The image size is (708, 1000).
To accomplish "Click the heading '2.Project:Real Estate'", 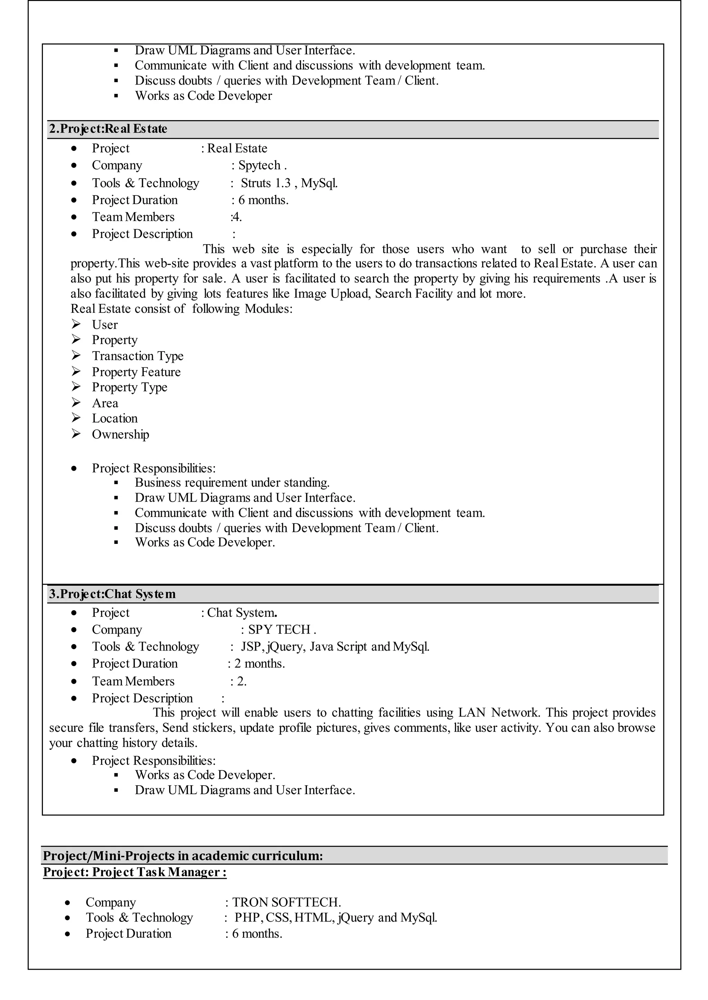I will tap(108, 129).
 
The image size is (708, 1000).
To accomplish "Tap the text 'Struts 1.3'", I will tap(265, 183).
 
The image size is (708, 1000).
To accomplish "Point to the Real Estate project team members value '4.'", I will tap(237, 217).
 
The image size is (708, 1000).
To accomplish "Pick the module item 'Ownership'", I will tap(120, 434).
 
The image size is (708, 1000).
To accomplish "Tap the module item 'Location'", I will tap(115, 419).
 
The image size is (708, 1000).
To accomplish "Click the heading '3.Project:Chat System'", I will tap(112, 594).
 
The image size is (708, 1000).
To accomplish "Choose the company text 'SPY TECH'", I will tap(279, 630).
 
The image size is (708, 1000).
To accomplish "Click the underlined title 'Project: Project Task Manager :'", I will tap(135, 872).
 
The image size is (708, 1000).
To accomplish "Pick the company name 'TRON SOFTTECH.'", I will tap(287, 902).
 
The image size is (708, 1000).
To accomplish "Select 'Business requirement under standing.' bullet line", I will tap(232, 483).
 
